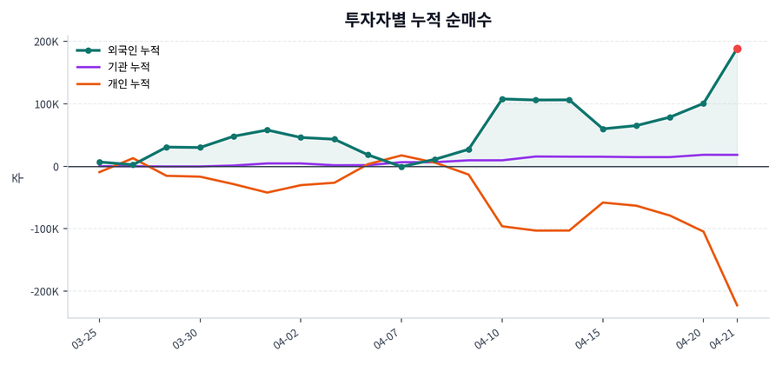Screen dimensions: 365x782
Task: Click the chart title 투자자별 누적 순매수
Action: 418,19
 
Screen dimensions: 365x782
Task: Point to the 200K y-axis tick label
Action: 46,42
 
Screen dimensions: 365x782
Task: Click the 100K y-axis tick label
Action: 46,104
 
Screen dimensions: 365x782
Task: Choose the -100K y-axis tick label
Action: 44,229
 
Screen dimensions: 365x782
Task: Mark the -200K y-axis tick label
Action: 44,292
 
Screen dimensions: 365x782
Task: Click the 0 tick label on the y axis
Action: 55,167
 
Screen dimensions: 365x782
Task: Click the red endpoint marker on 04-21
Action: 737,49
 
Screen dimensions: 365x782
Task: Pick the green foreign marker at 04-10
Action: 502,99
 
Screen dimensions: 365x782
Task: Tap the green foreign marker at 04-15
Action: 603,129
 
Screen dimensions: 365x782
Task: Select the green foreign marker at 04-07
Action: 401,166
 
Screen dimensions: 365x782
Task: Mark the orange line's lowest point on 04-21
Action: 737,305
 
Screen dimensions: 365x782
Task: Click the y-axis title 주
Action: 17,178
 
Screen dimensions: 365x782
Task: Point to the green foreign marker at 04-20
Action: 703,103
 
